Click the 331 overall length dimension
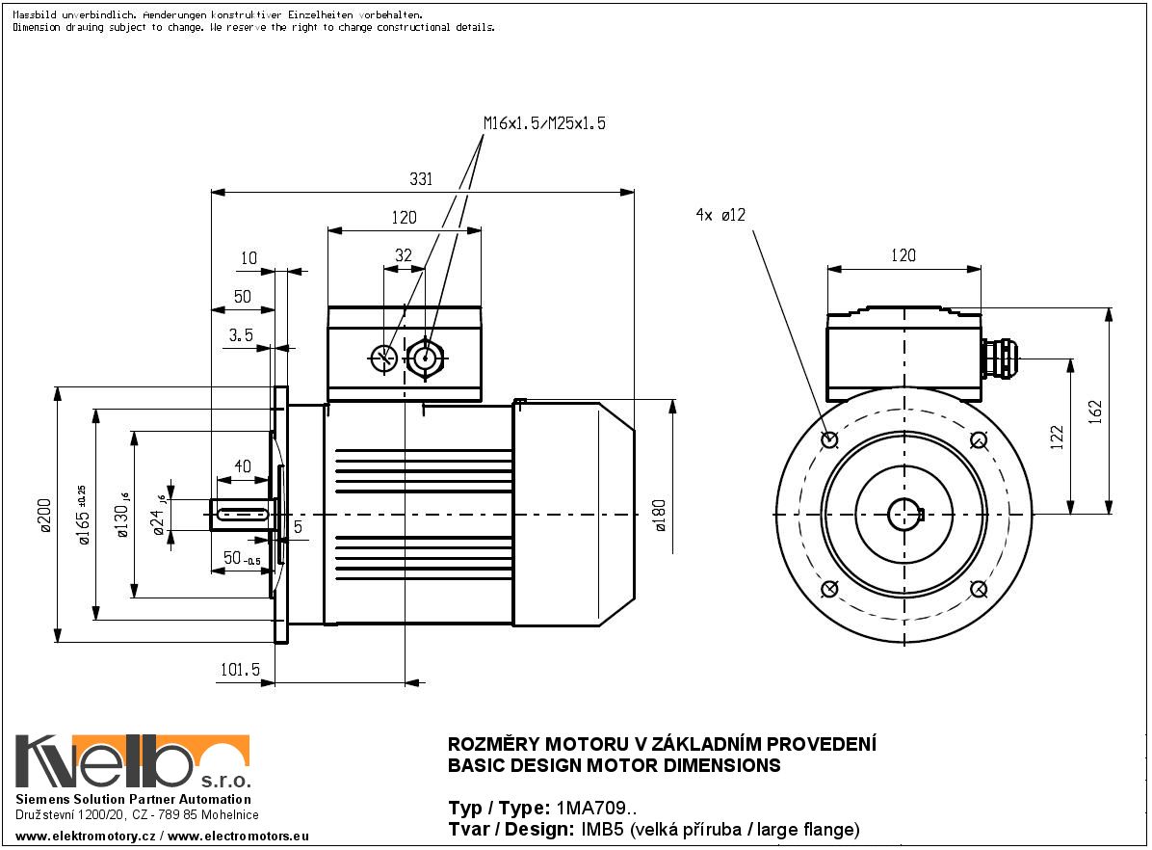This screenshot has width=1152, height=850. point(421,179)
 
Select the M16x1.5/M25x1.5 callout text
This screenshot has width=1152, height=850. point(544,123)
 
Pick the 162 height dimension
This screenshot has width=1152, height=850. point(1094,411)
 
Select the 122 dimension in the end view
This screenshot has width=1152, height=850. point(1057,438)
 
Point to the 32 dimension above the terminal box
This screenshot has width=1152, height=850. point(404,255)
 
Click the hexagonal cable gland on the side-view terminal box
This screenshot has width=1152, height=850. point(425,359)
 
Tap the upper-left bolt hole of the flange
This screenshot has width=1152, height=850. point(830,440)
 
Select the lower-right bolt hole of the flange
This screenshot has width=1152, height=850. point(978,589)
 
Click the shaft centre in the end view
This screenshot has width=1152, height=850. point(904,515)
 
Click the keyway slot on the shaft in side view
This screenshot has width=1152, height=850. point(243,515)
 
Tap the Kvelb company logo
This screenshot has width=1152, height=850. point(132,761)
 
